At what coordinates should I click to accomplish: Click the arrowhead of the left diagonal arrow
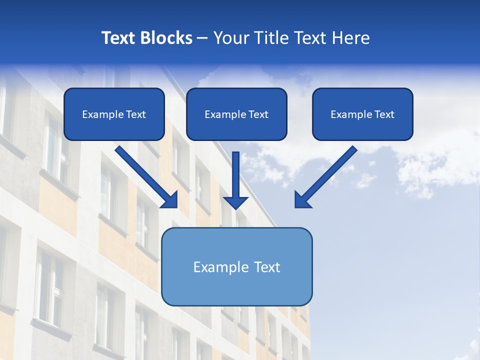tap(170, 199)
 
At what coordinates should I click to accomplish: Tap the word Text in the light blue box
tap(267, 267)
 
